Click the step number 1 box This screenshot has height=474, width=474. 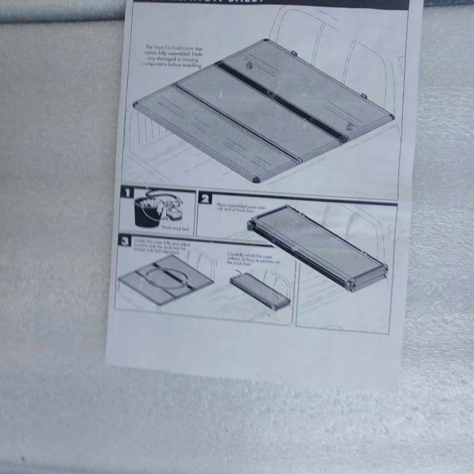point(126,192)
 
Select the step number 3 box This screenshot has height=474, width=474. point(125,240)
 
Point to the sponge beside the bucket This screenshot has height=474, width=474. point(172,209)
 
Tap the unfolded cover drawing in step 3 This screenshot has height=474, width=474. point(166,279)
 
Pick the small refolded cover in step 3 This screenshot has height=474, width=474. point(260,291)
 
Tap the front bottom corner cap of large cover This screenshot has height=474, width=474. point(256,179)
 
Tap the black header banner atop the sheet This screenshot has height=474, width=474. point(271,4)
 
